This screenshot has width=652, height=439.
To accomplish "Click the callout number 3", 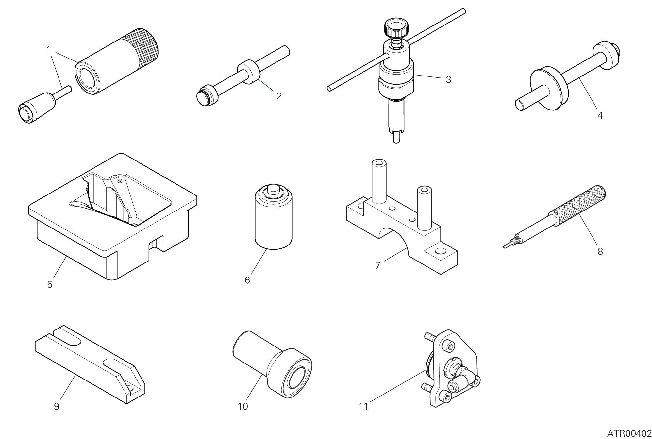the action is tap(448, 79).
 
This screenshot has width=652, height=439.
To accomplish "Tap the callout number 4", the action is tap(600, 116).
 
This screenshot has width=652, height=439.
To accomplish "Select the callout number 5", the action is tap(50, 284).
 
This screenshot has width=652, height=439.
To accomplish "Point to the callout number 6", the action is tap(247, 280).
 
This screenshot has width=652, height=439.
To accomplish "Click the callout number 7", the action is tap(378, 265).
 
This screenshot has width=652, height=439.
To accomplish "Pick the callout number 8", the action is tap(600, 252).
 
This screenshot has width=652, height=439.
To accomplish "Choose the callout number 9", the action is tap(57, 406).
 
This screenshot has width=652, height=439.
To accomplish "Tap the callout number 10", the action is tap(243, 406).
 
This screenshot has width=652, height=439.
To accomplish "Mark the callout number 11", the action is tap(363, 406).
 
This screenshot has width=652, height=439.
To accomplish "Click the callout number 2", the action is tap(279, 96).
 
